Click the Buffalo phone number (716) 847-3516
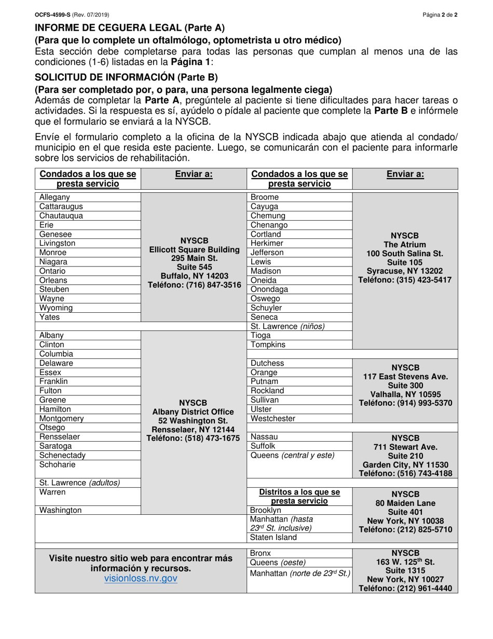coord(195,285)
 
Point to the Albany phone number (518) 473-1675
coord(195,437)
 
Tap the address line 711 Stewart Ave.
coord(405,447)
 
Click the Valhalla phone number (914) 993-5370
coord(405,403)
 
